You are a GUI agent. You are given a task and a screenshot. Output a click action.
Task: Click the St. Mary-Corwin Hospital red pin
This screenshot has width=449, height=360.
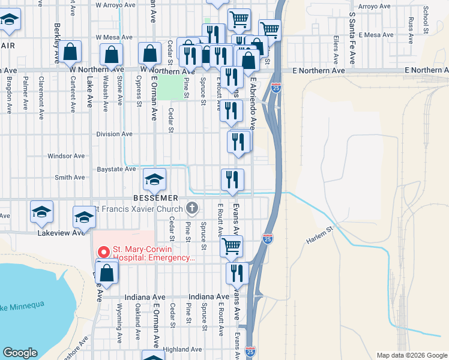tap(103, 252)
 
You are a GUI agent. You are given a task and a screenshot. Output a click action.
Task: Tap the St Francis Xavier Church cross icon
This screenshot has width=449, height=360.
tap(192, 209)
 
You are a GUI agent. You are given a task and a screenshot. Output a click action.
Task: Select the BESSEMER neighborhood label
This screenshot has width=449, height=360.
tap(160, 197)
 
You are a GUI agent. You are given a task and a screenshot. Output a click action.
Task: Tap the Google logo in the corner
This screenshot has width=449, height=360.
tap(20, 353)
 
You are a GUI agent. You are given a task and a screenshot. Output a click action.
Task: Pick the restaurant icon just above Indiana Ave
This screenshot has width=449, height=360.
tap(237, 272)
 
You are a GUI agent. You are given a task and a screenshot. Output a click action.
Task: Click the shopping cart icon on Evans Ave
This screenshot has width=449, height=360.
tap(232, 245)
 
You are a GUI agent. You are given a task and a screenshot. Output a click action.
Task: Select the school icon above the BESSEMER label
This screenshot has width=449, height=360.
tap(154, 178)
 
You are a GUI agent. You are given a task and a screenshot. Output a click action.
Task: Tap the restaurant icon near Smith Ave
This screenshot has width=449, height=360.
tap(232, 179)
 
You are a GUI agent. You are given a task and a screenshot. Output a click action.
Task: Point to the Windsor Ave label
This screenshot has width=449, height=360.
tap(67, 156)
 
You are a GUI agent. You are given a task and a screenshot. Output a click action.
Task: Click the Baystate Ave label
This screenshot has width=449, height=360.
tap(116, 170)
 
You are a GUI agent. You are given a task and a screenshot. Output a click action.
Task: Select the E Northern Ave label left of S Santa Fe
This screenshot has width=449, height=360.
tap(319, 71)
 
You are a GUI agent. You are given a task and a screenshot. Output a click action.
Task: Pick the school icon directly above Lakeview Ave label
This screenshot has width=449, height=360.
tap(83, 217)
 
